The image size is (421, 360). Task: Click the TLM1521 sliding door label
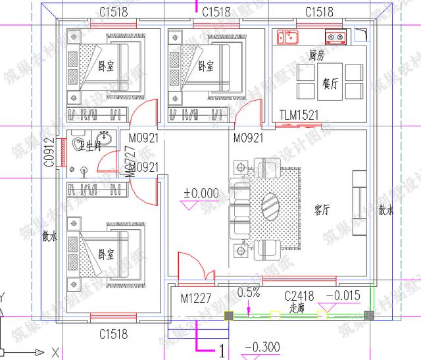click(299, 115)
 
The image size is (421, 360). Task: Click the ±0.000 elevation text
click(201, 193)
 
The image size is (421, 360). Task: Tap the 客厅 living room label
click(322, 210)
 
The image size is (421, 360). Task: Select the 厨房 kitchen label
click(316, 56)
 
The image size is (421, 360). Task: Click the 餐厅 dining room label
click(330, 83)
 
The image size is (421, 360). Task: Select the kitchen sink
click(287, 36)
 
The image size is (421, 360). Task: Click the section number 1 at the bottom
click(222, 351)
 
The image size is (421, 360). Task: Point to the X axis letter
click(55, 349)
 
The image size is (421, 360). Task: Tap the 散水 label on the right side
click(385, 211)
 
